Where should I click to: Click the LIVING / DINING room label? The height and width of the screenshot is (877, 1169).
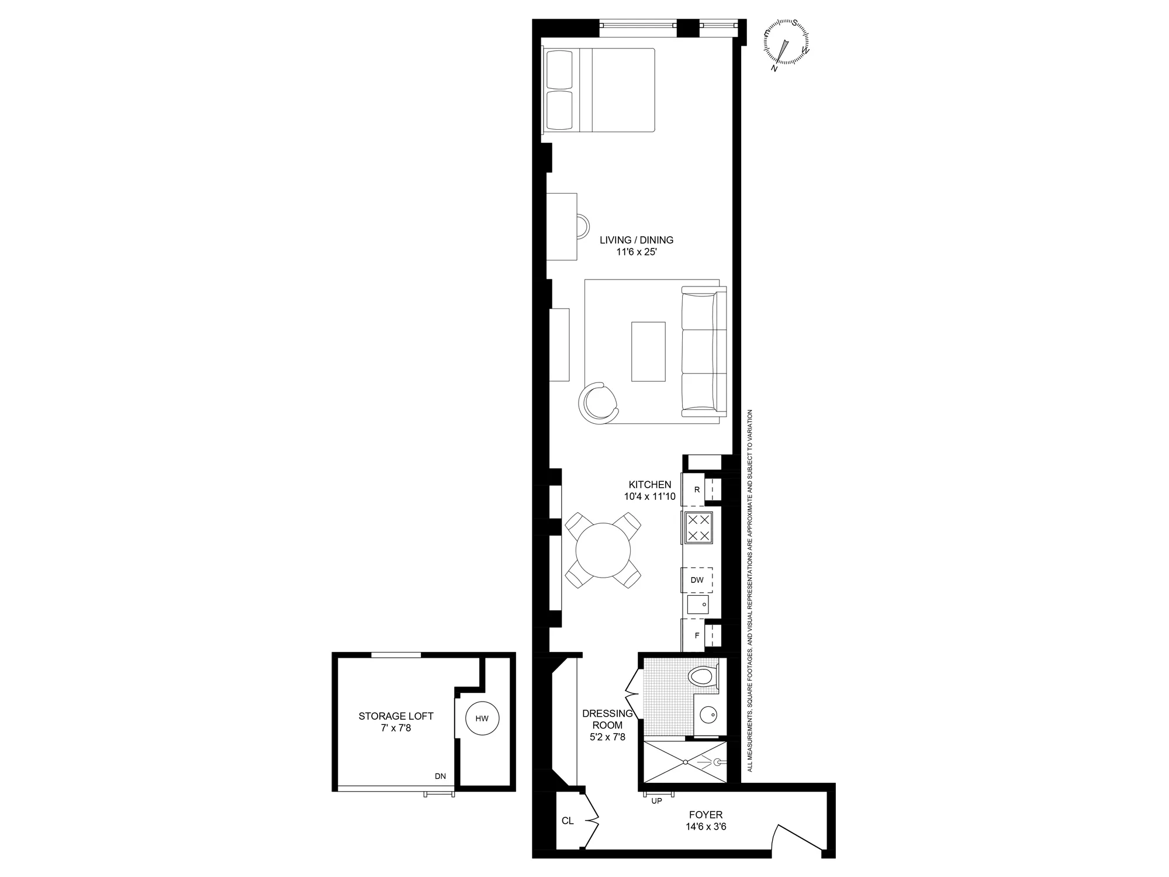tap(637, 240)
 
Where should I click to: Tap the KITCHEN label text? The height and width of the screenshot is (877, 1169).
tap(649, 485)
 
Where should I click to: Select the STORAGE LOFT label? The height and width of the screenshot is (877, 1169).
tap(396, 716)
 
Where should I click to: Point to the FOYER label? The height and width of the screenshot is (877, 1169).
tap(705, 814)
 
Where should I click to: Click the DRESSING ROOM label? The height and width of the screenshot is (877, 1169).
tap(607, 719)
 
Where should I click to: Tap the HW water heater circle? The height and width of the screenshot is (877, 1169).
tap(482, 719)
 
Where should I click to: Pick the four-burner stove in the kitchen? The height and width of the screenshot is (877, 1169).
tap(698, 528)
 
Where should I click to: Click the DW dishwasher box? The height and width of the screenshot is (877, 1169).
tap(697, 580)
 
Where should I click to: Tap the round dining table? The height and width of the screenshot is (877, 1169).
tap(603, 551)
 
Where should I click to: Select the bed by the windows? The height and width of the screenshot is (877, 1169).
tap(599, 90)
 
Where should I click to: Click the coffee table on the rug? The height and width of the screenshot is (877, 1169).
tap(648, 351)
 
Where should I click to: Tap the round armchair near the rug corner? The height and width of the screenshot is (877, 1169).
tap(598, 403)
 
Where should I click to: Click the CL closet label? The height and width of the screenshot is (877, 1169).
tap(567, 821)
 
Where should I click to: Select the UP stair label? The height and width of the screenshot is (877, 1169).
tap(656, 801)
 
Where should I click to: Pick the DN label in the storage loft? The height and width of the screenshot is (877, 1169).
tap(440, 776)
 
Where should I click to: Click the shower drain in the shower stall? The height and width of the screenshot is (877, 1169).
tap(685, 762)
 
